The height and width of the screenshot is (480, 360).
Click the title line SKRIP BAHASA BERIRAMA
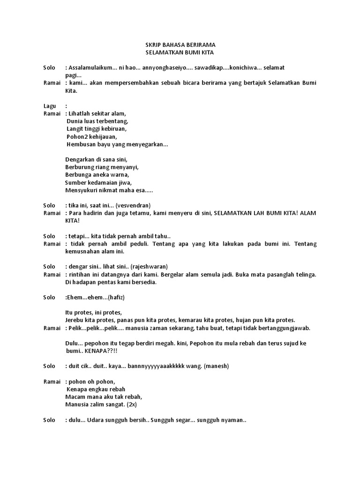(180, 45)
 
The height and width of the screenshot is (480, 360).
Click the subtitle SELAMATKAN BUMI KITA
(180, 53)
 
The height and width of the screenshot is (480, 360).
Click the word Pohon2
(77, 136)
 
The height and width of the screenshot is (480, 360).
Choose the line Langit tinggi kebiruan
(97, 129)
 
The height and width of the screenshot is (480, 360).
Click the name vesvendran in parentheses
(133, 205)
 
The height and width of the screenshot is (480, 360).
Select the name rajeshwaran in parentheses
(151, 266)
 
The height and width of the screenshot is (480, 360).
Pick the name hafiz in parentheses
(117, 297)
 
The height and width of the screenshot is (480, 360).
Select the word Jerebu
(75, 320)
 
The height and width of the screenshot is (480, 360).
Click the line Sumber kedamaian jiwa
(98, 182)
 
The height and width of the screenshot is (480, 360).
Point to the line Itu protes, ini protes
(94, 313)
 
